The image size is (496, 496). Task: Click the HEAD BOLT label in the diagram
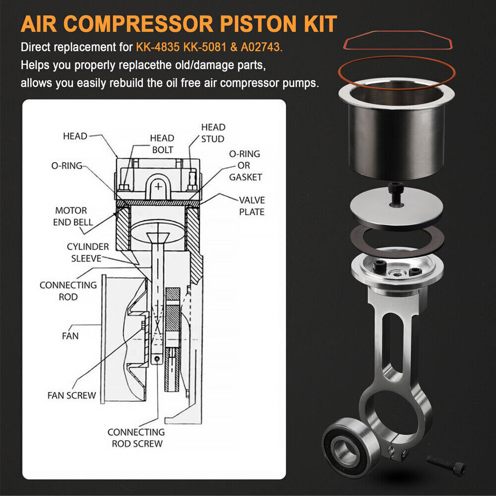(x=162, y=144)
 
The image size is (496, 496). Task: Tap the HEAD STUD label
(x=213, y=133)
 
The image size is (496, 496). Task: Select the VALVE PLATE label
(x=252, y=206)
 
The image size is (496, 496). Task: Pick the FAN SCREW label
(x=71, y=395)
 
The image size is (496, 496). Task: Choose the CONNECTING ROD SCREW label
(x=136, y=438)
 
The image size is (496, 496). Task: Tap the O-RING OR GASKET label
(x=246, y=165)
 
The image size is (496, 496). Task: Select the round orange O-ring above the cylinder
(x=397, y=72)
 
